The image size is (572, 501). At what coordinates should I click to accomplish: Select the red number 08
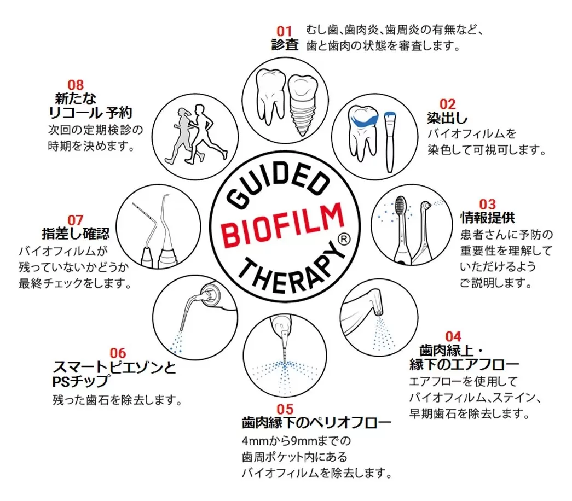[76, 85]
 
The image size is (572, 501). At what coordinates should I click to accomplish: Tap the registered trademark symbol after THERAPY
[343, 240]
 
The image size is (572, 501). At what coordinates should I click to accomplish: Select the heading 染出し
[447, 118]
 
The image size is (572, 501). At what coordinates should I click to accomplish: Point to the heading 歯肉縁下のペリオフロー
[316, 423]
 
